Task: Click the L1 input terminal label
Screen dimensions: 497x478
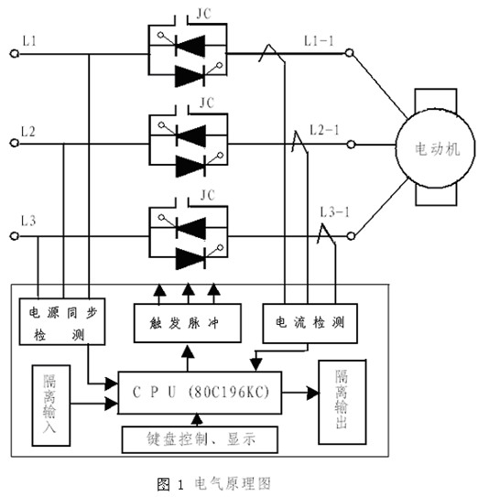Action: tap(29, 42)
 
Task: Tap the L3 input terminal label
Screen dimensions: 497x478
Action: tap(29, 221)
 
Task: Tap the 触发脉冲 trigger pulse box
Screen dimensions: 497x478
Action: tap(186, 323)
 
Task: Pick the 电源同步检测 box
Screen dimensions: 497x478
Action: tap(55, 323)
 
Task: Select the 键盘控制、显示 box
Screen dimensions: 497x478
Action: tap(199, 438)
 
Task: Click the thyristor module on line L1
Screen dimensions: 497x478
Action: tap(188, 52)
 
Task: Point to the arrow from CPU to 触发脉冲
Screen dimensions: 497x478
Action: tap(187, 355)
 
